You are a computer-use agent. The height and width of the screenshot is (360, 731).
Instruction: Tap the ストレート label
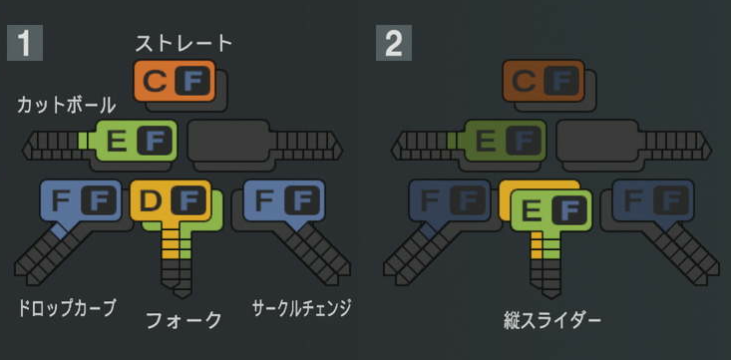coord(183,43)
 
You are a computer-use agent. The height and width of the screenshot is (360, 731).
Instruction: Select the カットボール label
coord(67,105)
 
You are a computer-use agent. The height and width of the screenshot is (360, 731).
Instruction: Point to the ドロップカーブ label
coord(66,308)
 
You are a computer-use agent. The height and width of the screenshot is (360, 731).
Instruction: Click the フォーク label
coord(183,319)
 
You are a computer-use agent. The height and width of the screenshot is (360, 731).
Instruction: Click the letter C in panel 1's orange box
coord(154,80)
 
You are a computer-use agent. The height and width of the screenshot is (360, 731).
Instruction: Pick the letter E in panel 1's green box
coord(117,142)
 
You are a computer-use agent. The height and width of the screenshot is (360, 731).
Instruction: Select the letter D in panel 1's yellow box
coord(151,202)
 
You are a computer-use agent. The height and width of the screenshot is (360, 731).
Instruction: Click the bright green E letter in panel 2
coord(532,210)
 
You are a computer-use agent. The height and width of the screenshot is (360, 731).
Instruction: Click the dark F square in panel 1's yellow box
coord(187,202)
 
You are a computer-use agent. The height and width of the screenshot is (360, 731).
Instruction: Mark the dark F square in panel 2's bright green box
coord(568,210)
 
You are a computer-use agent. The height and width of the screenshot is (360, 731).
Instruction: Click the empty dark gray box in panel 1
coord(228,141)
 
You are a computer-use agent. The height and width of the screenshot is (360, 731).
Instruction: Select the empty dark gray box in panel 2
coord(596,141)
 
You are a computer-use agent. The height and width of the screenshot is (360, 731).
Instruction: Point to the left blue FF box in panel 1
coord(80,201)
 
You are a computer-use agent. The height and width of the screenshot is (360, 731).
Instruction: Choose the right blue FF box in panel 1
coord(283,201)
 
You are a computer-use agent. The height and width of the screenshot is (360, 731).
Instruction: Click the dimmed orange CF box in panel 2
coord(543,80)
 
